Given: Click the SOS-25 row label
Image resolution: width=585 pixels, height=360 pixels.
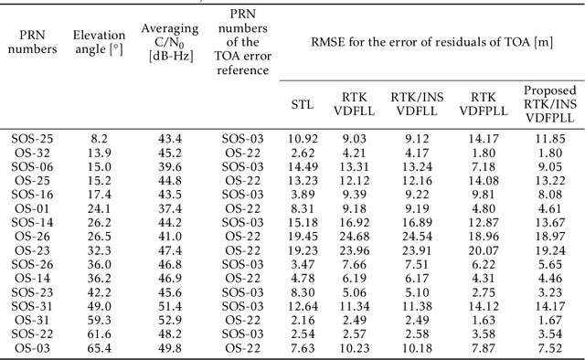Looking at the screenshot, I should coord(34,137).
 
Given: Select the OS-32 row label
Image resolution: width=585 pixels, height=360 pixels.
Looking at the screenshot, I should coord(34,152).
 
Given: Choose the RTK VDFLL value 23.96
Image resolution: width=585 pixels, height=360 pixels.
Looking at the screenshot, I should coord(353,249).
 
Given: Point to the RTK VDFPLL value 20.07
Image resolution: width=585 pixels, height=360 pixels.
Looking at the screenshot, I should coord(482,249).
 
